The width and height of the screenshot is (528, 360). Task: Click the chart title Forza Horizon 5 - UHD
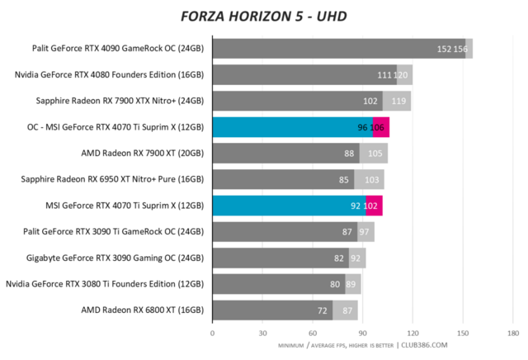click(x=263, y=16)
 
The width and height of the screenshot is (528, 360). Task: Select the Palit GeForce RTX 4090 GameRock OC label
click(x=118, y=49)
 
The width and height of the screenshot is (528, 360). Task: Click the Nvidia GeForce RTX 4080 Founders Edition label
click(x=110, y=75)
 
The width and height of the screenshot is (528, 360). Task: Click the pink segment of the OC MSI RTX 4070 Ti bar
click(x=381, y=128)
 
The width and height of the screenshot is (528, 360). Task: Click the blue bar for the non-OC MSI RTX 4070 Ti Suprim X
click(x=289, y=206)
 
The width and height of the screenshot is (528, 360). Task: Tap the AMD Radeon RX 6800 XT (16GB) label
click(x=142, y=311)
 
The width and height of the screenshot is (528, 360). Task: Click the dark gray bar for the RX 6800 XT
click(x=272, y=311)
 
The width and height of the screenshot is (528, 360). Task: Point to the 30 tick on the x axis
click(x=262, y=334)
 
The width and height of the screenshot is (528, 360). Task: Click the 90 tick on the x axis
click(x=362, y=334)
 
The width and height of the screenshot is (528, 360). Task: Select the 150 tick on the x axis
click(x=462, y=334)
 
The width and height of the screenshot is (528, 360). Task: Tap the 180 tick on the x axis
click(x=512, y=334)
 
